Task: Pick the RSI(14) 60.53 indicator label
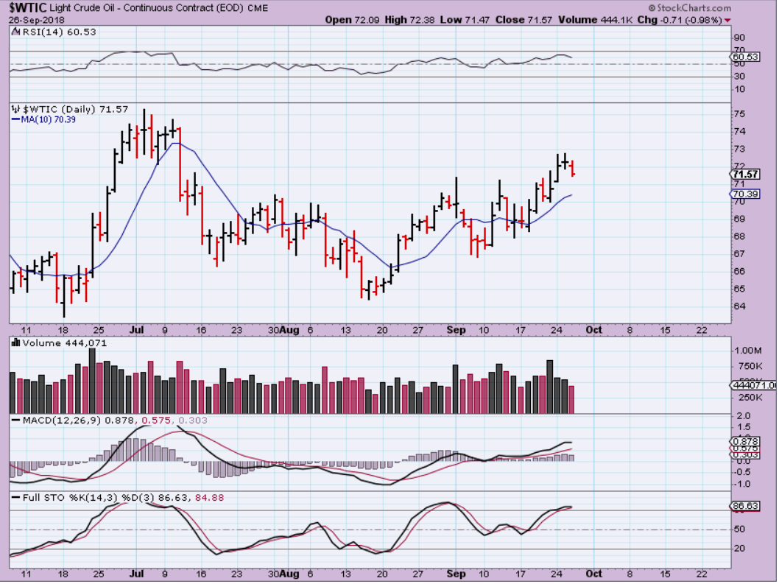tap(50, 32)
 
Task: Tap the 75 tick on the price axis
tap(739, 114)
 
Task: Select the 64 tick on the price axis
tap(739, 306)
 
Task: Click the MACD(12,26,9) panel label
tap(52, 421)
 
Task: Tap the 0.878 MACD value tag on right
tap(744, 441)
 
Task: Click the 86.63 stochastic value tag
tap(744, 507)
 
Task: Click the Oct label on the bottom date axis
tap(593, 574)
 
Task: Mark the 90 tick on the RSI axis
tap(739, 37)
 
